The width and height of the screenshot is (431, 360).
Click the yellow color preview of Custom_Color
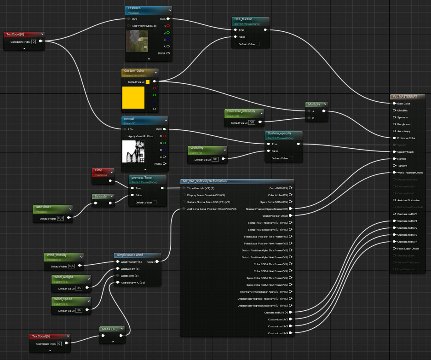(133, 98)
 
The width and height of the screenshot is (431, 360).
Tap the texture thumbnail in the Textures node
(137, 41)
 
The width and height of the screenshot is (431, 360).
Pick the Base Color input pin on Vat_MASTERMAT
(394, 104)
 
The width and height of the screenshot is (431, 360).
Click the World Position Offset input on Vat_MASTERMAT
(394, 173)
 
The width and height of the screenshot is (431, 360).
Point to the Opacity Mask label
(405, 152)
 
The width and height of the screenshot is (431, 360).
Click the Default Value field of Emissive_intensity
(252, 122)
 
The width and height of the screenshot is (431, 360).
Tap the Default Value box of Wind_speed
(79, 310)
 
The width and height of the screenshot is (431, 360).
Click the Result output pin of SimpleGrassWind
(157, 261)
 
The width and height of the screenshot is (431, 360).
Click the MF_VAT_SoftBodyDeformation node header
(205, 181)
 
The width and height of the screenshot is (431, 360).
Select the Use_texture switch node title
(244, 19)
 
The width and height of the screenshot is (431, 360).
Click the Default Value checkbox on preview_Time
(154, 202)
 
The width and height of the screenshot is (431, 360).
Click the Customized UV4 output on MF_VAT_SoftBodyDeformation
(291, 333)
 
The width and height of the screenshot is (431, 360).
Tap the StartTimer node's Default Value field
(60, 218)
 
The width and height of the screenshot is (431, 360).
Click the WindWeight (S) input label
(131, 268)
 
